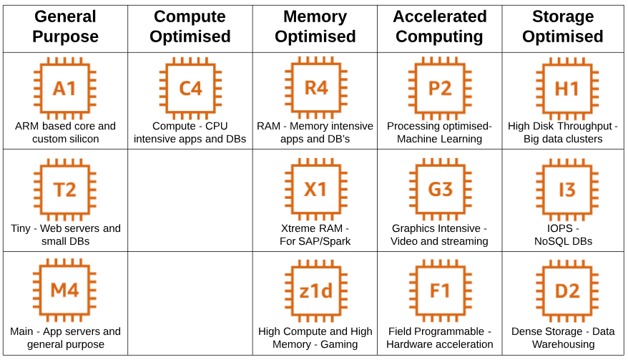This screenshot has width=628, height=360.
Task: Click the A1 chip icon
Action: coord(65,88)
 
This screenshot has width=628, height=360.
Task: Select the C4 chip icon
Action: coord(190,88)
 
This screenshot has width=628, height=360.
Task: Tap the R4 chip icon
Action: coord(316,88)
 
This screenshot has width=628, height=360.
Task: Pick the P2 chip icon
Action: coord(440,88)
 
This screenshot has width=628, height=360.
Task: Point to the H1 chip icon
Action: coord(567,88)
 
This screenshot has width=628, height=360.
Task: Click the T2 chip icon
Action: coord(65,190)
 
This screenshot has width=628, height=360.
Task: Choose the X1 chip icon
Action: coord(316,190)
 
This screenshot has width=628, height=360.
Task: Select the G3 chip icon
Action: coord(440,190)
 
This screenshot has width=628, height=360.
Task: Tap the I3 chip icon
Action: coord(567,190)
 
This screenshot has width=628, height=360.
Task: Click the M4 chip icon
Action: coord(64,290)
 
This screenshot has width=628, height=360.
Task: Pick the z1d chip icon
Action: coord(316,291)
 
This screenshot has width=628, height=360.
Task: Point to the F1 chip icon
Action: coord(440,291)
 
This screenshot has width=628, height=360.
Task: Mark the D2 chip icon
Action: coord(567,291)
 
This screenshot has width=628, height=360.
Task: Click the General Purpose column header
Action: coord(65,26)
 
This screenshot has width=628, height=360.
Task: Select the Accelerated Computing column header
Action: coord(439,26)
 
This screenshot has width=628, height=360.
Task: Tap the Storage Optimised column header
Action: coord(563,26)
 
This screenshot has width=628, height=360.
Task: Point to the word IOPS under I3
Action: coord(560,228)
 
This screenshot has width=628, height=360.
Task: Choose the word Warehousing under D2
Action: coord(563,344)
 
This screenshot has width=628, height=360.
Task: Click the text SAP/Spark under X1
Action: coord(327,241)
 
